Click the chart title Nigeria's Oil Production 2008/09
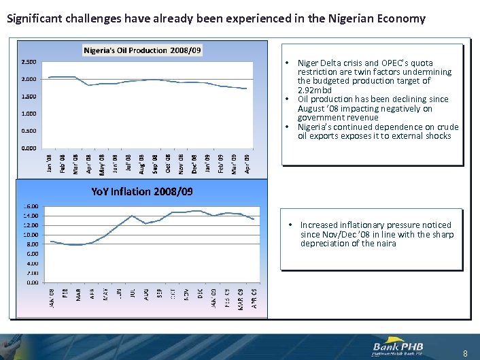pos(142,50)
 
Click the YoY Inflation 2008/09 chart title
pos(142,191)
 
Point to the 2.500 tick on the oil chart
pos(29,62)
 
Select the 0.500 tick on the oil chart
pos(29,131)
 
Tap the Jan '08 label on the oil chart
pos(49,163)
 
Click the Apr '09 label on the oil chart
pos(247,163)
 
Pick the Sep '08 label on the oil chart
pos(155,163)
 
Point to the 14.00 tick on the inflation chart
pos(31,215)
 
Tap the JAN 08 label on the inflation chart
pos(52,298)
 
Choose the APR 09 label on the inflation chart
pos(254,298)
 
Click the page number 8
pos(465,353)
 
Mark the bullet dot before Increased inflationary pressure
pos(290,225)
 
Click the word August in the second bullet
pos(311,108)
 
